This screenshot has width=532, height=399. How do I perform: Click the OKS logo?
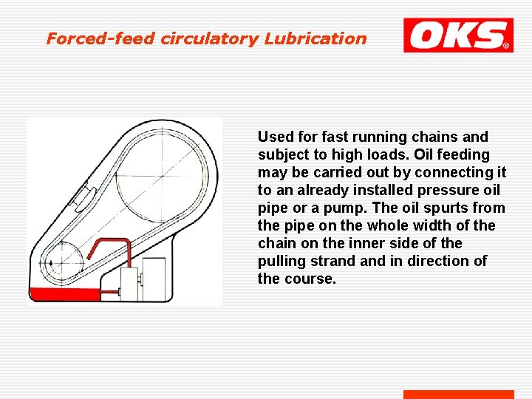[458, 35]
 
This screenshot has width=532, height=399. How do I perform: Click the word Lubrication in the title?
[322, 38]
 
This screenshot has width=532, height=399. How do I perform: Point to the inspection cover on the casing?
[83, 195]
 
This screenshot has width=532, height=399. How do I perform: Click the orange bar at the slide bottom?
[458, 395]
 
